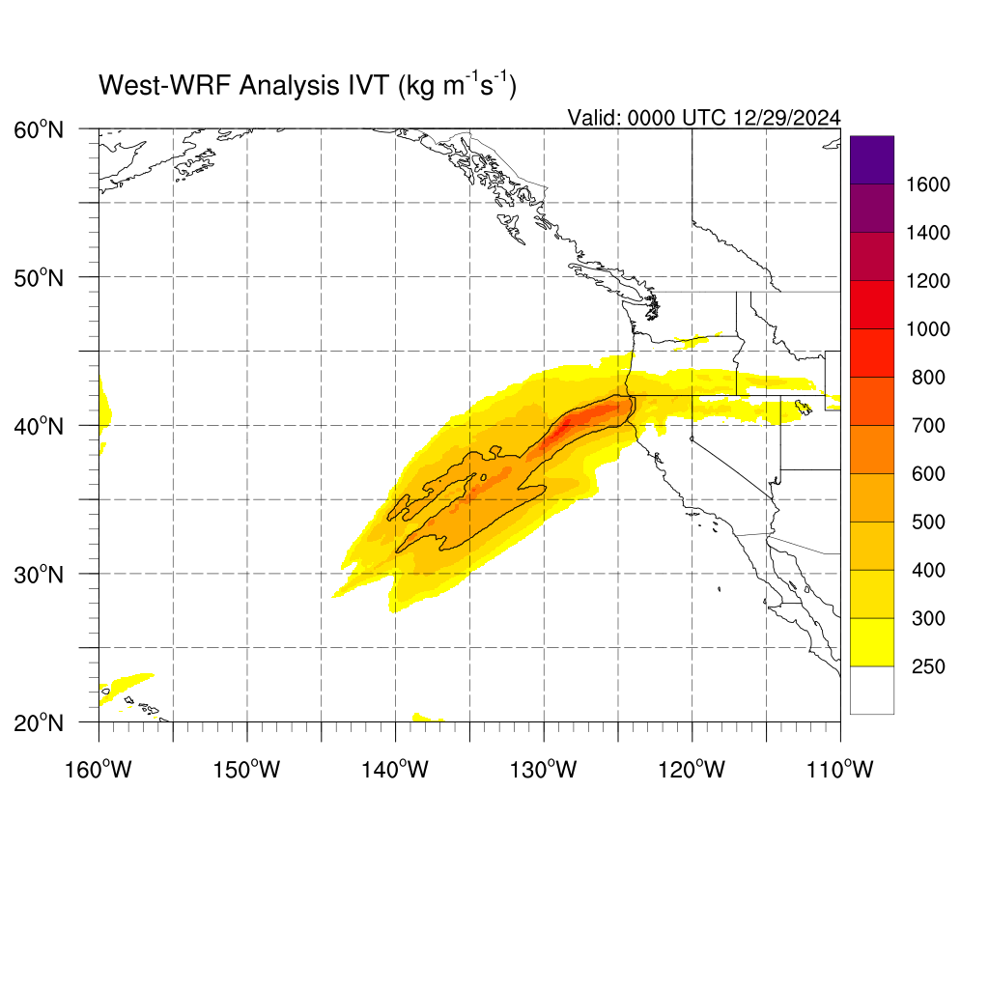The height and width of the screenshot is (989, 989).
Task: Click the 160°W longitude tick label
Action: point(99,770)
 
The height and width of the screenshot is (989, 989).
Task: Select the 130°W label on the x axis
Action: point(544,770)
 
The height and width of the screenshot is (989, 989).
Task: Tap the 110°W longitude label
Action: point(840,770)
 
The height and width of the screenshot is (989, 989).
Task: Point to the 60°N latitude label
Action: point(39,130)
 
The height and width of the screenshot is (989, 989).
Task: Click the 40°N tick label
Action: point(39,426)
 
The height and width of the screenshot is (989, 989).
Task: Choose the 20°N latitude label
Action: point(39,722)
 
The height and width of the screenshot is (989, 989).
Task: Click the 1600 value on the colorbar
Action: point(928,184)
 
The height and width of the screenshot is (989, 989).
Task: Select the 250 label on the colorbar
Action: point(928,666)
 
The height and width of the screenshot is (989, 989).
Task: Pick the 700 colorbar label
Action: point(928,426)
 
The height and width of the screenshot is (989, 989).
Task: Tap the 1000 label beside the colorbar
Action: point(928,329)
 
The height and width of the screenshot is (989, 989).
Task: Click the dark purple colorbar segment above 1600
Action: point(872,159)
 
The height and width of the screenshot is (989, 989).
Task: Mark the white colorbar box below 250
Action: point(872,690)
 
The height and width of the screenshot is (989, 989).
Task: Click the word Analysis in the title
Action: point(290,86)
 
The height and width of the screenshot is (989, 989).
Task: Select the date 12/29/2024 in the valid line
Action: point(786,118)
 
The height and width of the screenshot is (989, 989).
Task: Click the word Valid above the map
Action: point(594,118)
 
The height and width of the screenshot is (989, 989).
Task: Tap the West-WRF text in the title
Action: point(165,85)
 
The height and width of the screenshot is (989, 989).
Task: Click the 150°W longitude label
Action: point(246,770)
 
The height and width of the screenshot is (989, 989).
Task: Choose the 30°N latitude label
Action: point(39,575)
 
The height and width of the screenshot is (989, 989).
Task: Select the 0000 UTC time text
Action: point(677,118)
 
